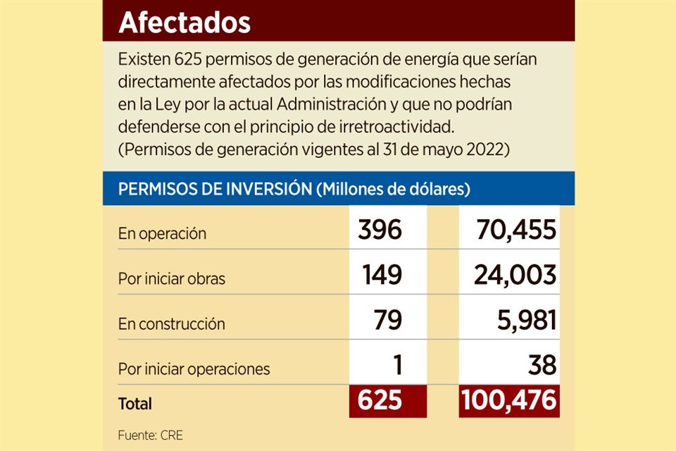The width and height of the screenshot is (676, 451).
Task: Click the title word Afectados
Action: point(184,23)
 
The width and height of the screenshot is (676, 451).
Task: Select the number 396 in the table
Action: point(380,230)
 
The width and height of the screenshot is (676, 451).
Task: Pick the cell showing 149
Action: point(382,276)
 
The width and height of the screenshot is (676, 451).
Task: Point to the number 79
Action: point(389,321)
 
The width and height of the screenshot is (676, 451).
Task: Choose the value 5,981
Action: point(520,321)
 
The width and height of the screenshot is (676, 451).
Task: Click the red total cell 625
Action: point(380,401)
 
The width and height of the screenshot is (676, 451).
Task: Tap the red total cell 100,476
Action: point(509,401)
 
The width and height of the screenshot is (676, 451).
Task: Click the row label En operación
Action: point(162,234)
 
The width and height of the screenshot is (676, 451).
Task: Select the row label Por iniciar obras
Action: point(172,279)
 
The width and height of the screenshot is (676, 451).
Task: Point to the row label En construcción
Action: point(171,325)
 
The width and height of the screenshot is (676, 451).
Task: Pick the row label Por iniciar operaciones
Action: point(194,369)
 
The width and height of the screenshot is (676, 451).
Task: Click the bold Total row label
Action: point(134,404)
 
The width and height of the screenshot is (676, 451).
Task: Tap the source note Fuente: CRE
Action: point(150,435)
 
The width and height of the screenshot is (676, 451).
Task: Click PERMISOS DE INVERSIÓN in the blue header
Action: point(216,190)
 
